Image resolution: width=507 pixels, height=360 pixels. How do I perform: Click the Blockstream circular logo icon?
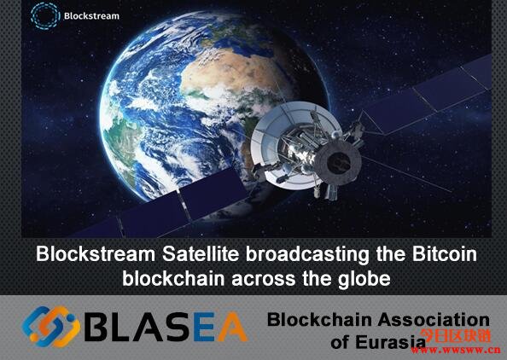click(45, 16)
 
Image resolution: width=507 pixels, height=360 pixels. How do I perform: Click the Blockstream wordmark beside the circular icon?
click(91, 16)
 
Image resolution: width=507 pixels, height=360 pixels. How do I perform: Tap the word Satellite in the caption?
click(201, 254)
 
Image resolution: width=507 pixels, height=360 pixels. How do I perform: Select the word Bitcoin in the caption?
click(445, 254)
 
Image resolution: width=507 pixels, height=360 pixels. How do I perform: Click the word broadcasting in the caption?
click(307, 255)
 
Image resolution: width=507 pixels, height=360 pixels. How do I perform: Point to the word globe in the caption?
click(364, 279)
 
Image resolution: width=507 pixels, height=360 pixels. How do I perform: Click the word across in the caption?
click(264, 280)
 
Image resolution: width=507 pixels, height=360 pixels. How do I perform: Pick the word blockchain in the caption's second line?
click(173, 279)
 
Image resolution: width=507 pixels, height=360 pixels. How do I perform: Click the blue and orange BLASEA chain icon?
click(50, 327)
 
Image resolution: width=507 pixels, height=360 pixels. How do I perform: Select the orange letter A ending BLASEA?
click(232, 327)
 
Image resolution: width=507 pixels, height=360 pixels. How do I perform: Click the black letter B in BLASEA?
click(96, 327)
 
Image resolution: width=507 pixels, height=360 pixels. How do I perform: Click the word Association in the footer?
click(434, 320)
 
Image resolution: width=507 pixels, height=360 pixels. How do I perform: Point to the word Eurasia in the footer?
click(390, 342)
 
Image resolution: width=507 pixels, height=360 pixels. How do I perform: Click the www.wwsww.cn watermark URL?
click(456, 350)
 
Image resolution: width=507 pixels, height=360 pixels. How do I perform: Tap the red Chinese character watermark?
click(456, 336)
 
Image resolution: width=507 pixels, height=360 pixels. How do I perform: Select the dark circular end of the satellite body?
click(338, 162)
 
